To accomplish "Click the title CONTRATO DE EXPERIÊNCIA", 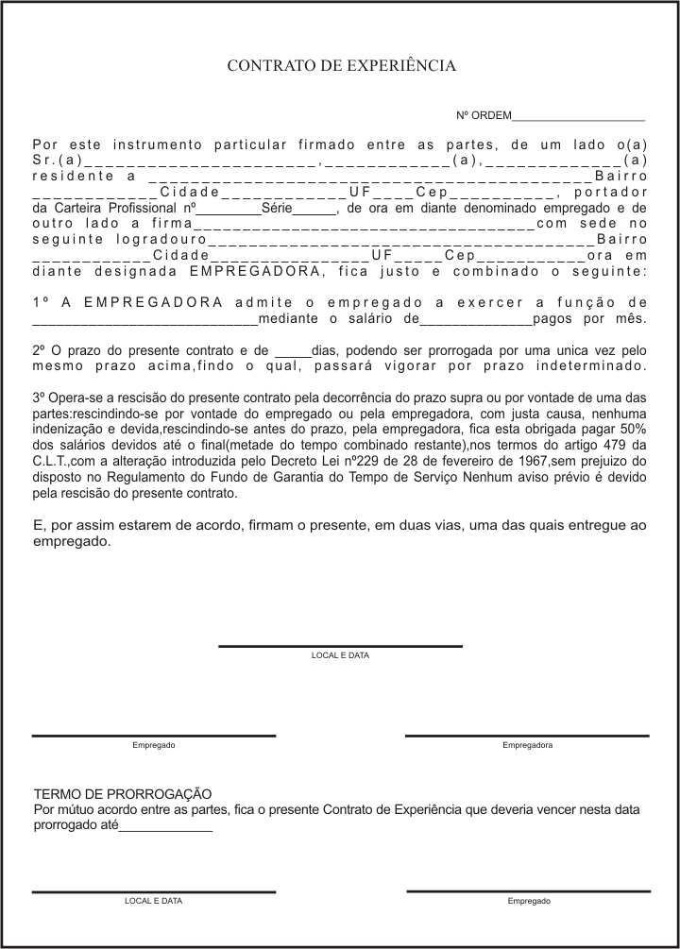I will pos(341,66).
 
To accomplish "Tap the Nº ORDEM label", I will pos(483,116).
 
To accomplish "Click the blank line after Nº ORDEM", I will pos(578,119).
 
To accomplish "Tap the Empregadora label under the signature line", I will pos(527,746).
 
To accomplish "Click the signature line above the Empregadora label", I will pos(527,735).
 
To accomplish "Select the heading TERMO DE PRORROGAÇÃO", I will pos(123,795).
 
